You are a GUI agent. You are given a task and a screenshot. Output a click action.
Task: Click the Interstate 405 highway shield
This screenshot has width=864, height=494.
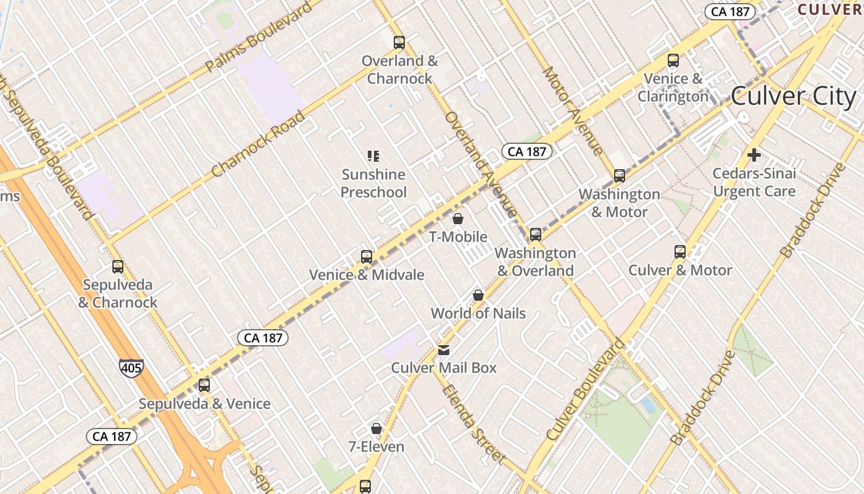click(131, 367)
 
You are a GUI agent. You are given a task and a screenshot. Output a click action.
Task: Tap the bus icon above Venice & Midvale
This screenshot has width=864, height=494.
click(367, 256)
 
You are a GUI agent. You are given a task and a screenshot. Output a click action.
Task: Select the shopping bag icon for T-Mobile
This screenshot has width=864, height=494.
click(458, 219)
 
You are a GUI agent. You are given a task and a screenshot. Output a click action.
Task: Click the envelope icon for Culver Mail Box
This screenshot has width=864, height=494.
click(444, 350)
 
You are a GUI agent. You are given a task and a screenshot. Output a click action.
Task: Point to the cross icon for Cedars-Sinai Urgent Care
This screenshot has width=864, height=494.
click(754, 155)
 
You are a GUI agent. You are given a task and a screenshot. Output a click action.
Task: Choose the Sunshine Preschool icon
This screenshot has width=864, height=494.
click(373, 156)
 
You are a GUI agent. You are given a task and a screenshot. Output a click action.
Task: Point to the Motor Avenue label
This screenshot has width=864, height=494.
click(572, 110)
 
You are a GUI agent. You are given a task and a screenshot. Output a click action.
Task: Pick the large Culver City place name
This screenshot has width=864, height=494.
click(793, 97)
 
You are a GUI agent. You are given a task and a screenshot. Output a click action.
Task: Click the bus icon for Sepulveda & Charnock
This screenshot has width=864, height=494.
click(118, 267)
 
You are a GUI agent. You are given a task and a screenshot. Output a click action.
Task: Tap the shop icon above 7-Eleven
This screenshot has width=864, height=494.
click(376, 429)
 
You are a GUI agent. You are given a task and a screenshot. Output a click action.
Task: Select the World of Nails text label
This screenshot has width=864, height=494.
click(478, 313)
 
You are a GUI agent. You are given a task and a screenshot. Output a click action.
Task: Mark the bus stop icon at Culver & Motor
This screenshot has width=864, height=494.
click(680, 252)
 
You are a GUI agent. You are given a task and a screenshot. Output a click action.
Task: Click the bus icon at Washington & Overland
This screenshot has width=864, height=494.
click(536, 235)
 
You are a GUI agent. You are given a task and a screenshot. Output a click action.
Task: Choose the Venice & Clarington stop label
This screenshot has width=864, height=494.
click(673, 88)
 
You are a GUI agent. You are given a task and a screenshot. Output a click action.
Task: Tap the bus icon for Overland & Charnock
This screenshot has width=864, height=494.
click(399, 43)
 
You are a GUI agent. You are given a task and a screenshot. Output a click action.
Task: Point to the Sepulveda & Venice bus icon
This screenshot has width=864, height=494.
click(204, 385)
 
